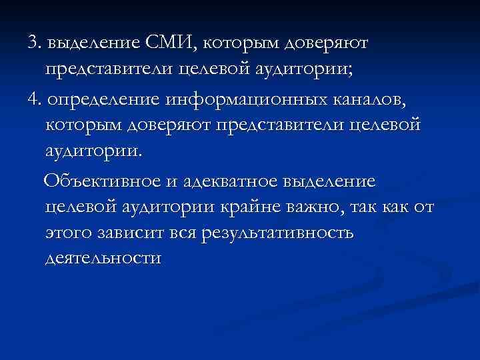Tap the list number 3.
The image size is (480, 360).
[33, 43]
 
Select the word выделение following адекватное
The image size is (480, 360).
[329, 181]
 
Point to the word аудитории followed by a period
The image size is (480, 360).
[94, 153]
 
